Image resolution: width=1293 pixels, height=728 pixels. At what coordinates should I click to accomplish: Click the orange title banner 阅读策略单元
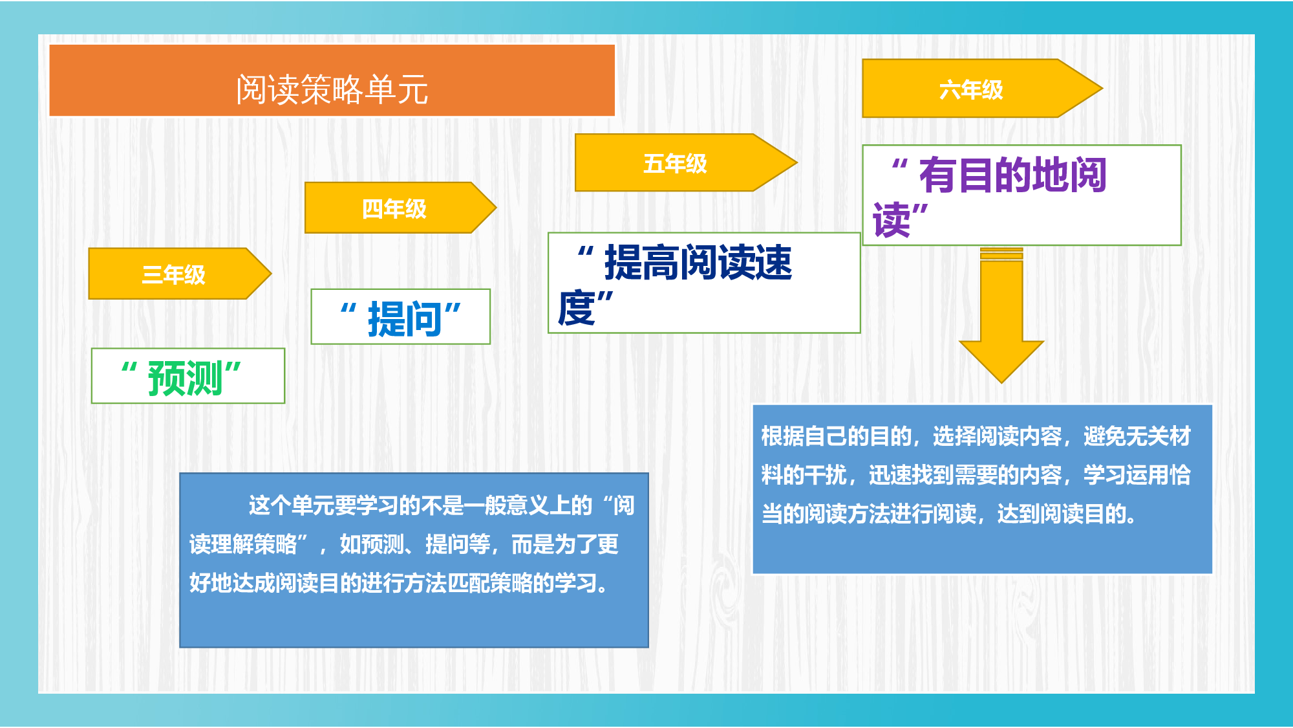click(332, 80)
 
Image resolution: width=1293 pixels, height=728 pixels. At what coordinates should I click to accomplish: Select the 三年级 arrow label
click(173, 274)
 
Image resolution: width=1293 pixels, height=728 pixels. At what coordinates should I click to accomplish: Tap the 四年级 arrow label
click(394, 208)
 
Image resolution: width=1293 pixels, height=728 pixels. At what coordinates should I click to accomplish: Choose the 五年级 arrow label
click(675, 163)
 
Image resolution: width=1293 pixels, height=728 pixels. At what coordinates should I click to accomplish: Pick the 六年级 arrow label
click(971, 89)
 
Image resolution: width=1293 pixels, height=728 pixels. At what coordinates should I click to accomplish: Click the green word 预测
click(186, 378)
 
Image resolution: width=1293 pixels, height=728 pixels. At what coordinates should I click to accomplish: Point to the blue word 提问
click(405, 318)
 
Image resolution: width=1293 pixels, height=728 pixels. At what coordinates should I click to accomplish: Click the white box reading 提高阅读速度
click(704, 283)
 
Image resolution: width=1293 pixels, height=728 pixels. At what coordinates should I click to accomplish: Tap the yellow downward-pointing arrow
click(1001, 315)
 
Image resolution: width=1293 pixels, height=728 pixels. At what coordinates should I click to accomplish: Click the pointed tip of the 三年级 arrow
click(271, 274)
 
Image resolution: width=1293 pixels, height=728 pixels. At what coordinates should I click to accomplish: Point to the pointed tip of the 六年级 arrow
click(1102, 88)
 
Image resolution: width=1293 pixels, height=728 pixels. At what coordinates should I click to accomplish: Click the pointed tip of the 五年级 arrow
click(797, 162)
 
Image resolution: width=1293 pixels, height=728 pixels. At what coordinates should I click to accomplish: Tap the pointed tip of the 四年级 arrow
click(496, 208)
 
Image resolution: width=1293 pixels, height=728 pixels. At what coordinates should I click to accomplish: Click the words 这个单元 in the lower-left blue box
click(291, 505)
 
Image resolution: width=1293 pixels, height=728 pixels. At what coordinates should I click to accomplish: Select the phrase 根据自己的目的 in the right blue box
click(836, 436)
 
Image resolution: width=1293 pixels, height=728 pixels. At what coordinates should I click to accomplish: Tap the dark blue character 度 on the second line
click(576, 308)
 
